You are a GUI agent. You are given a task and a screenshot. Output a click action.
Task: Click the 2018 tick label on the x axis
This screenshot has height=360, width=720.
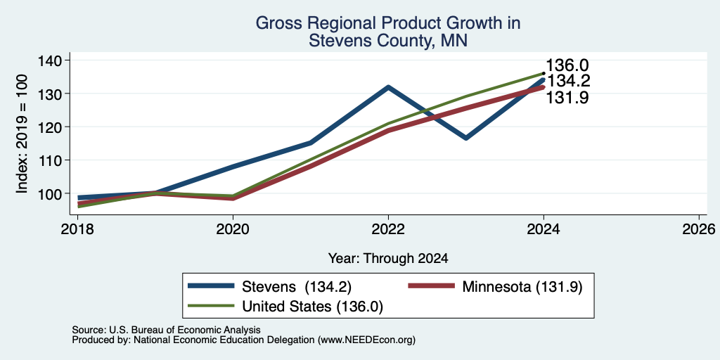coord(77,229)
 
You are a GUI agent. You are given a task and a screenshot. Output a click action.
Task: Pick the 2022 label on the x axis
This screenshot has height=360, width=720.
coord(388,229)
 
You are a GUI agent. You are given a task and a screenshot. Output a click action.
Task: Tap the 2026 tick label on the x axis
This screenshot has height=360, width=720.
coord(700,229)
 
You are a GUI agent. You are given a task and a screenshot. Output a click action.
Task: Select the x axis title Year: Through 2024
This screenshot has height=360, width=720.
coord(388,259)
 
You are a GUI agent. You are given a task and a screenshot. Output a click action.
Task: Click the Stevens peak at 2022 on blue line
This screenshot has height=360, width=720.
coord(388,86)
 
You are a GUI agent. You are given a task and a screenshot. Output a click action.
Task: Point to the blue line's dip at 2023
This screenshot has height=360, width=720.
coord(466,138)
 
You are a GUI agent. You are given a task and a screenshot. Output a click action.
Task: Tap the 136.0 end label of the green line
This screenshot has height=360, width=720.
coord(567,65)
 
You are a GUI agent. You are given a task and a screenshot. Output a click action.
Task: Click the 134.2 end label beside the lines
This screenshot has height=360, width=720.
coord(568,81)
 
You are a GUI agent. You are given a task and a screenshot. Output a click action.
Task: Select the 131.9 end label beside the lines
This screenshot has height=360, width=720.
coord(567,97)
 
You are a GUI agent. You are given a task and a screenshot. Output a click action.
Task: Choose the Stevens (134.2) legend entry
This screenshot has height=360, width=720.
coord(270,287)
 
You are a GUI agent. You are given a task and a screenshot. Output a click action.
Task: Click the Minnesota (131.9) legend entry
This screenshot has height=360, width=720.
coord(496,287)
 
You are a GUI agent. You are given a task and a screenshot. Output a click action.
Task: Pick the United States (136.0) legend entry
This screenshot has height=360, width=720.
coord(285,307)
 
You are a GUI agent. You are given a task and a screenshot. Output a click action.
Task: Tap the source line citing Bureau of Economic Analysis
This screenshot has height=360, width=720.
coord(166,330)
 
